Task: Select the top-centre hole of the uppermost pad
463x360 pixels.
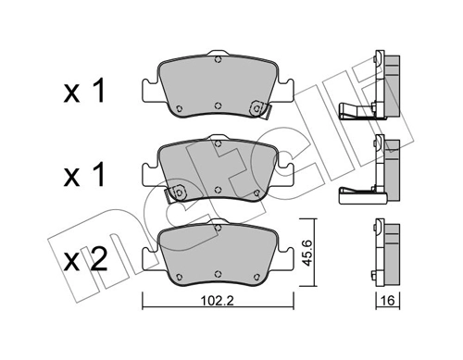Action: [x=217, y=62]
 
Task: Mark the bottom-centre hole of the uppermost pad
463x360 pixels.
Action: [x=217, y=104]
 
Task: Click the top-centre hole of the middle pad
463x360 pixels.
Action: [x=217, y=148]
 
